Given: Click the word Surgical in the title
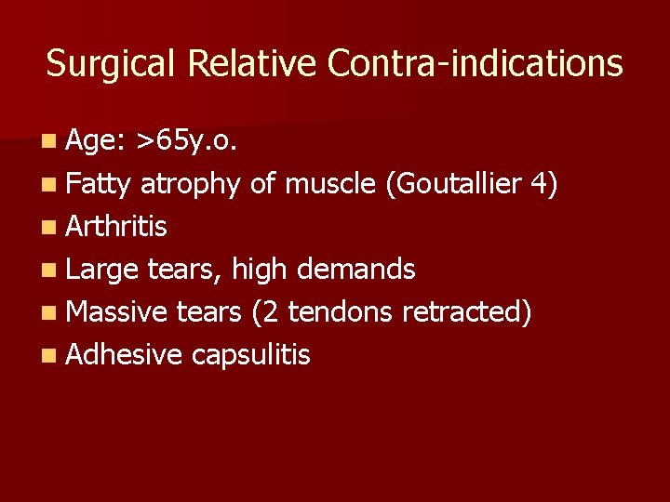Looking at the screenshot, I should (x=113, y=64).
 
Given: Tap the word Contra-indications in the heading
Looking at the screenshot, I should (x=475, y=63).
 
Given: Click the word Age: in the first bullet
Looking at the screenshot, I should (x=96, y=141).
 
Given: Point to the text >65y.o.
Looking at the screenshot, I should (x=187, y=141).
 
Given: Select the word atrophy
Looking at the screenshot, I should (x=191, y=185).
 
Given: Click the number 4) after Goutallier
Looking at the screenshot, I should (x=543, y=184).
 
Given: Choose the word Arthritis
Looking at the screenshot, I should (x=117, y=227).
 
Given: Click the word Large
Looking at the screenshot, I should (x=102, y=270).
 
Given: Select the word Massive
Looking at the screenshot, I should (x=116, y=311).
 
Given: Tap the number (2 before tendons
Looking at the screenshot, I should (x=264, y=311).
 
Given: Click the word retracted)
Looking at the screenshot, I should (x=467, y=311).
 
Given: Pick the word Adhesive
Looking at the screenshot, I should (x=125, y=354).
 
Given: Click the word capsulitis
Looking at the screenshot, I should (x=251, y=354).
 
